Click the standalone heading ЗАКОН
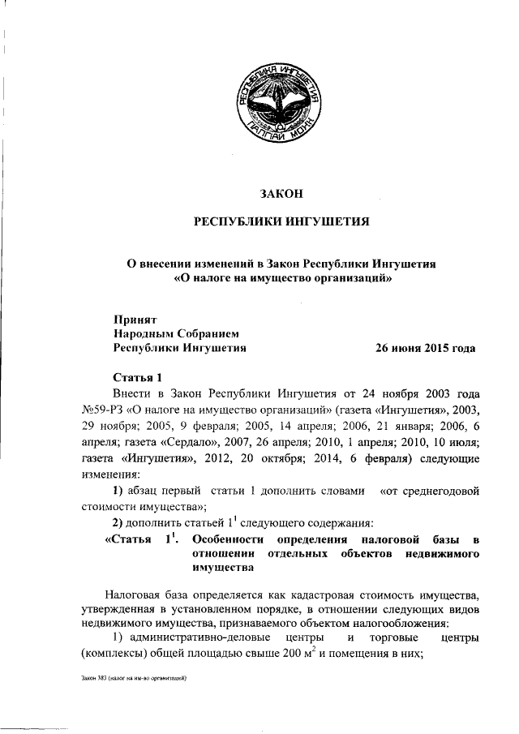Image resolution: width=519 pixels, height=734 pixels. click(x=281, y=194)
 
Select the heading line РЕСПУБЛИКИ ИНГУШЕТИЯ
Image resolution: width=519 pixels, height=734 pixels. click(x=281, y=222)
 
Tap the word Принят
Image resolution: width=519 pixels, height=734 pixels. click(x=134, y=319)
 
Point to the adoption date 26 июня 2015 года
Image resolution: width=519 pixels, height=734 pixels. click(x=424, y=348)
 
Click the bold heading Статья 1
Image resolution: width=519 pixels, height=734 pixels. click(x=138, y=378)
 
